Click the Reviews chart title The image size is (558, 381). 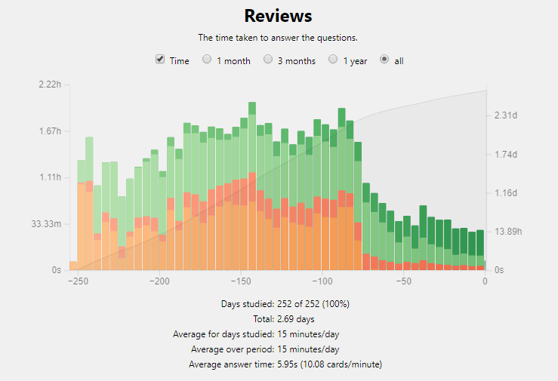279,16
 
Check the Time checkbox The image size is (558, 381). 160,60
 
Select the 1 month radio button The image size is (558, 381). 207,60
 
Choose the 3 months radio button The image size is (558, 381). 268,60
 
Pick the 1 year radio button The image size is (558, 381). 333,60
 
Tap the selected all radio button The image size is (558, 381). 384,60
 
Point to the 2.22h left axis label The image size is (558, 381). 49,84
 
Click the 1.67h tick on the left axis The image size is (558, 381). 49,131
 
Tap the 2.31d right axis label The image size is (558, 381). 505,115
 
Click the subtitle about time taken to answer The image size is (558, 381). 278,38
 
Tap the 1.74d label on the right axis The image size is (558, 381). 505,154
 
